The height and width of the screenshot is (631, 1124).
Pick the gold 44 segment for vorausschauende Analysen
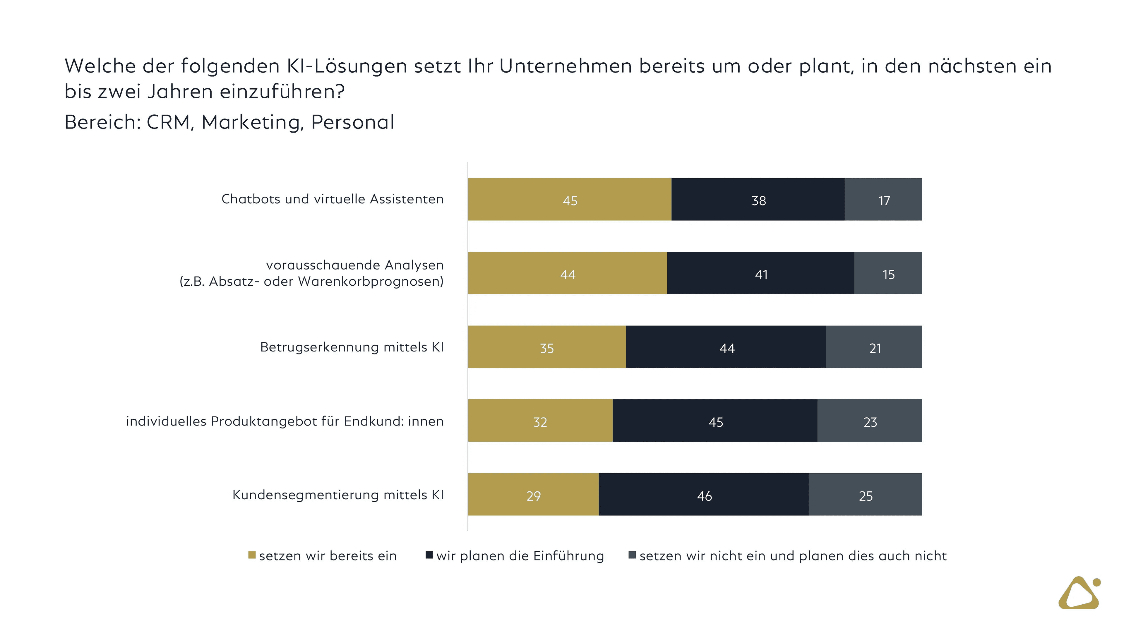pos(567,273)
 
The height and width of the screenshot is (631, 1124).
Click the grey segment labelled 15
pos(888,273)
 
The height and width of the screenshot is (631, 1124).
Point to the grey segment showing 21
pos(874,347)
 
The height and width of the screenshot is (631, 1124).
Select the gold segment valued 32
pos(540,421)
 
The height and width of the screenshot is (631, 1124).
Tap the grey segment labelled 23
pos(870,421)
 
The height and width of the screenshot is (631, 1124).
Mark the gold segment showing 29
pos(533,494)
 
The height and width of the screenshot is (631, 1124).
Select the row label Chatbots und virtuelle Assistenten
pos(333,199)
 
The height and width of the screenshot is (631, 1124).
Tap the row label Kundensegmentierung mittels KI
pos(338,495)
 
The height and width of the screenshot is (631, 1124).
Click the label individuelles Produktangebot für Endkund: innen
pos(285,421)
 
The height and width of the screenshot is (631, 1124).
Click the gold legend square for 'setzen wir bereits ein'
pos(252,555)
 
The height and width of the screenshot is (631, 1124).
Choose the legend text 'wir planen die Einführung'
pos(520,556)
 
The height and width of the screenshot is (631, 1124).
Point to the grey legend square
pos(632,555)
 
